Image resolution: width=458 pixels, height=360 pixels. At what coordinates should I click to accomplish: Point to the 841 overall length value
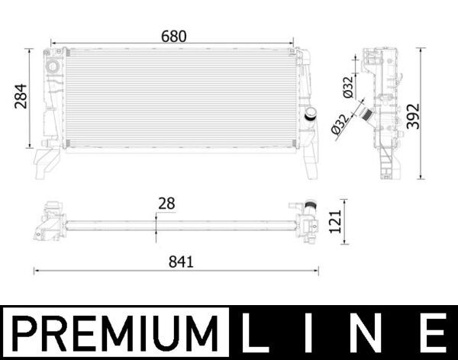[181, 261]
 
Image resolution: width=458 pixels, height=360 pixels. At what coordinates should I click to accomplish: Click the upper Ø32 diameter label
[348, 87]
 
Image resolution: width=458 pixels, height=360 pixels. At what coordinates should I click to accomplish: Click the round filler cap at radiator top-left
[53, 67]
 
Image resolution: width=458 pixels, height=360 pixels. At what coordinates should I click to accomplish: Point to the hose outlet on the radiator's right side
[311, 114]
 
